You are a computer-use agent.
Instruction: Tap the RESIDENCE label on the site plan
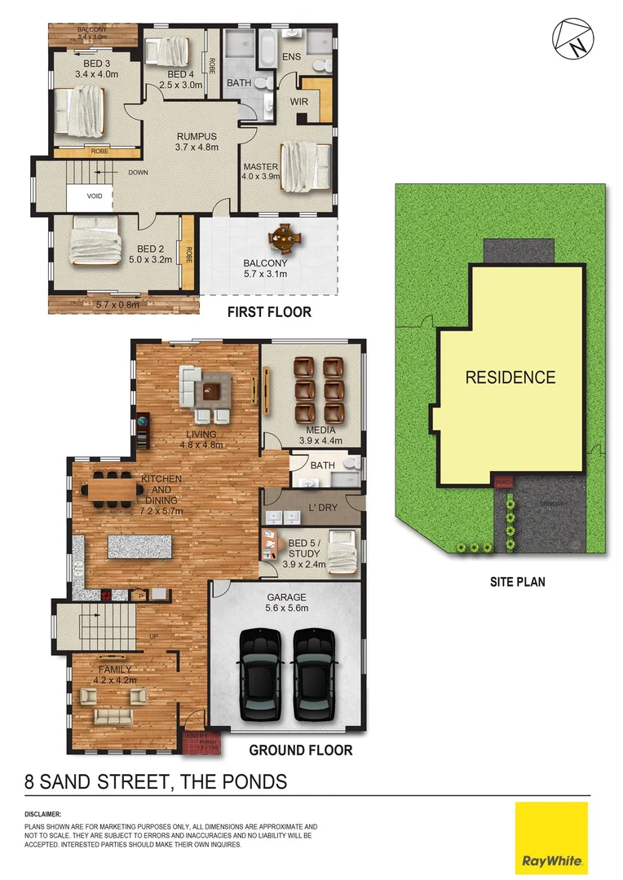tap(510, 377)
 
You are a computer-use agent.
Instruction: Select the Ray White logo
tap(551, 838)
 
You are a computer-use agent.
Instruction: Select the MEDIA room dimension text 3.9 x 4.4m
tap(320, 441)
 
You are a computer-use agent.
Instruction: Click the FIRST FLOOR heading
tap(268, 312)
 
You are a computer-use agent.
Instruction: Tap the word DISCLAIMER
tap(43, 814)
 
